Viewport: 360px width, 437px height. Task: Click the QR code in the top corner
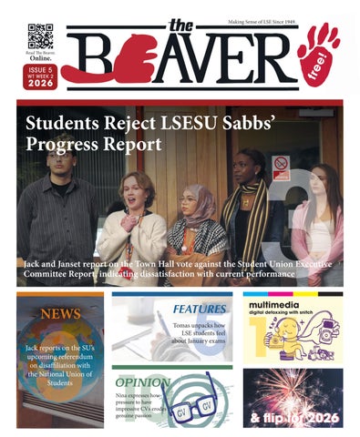click(40, 36)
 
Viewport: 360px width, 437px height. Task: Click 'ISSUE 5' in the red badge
click(40, 68)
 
